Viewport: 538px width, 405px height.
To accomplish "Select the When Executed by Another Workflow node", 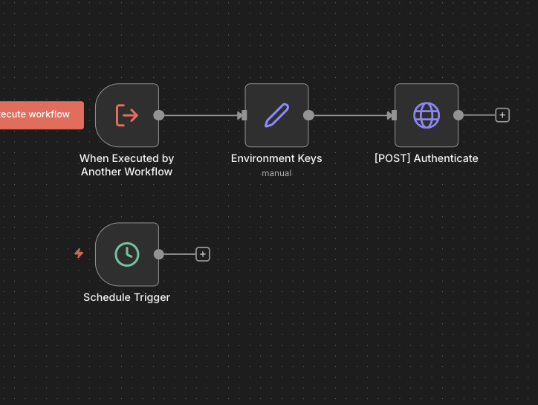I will tap(127, 115).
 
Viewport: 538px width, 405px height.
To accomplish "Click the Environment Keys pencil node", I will tap(276, 115).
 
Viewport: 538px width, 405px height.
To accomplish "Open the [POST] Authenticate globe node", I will tap(426, 115).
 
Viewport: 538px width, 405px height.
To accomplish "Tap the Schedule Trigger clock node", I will tap(127, 254).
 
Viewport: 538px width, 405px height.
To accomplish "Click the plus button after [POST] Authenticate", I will tap(502, 115).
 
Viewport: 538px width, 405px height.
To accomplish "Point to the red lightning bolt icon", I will tap(79, 253).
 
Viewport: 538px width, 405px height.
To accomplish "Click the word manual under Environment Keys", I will tap(276, 173).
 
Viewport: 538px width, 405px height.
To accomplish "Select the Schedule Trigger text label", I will tap(126, 297).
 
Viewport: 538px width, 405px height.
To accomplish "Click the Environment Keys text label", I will tap(276, 158).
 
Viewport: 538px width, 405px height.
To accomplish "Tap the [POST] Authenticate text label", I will tap(426, 158).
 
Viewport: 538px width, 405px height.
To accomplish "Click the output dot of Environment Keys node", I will tap(308, 115).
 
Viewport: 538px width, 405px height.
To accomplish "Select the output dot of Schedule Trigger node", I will tap(158, 254).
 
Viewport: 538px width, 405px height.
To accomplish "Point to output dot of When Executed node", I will tap(158, 115).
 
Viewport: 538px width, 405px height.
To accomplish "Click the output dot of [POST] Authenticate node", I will tap(458, 115).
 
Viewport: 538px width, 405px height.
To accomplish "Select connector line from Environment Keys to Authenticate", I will tap(349, 115).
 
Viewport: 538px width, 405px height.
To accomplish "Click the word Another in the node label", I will tap(101, 172).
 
